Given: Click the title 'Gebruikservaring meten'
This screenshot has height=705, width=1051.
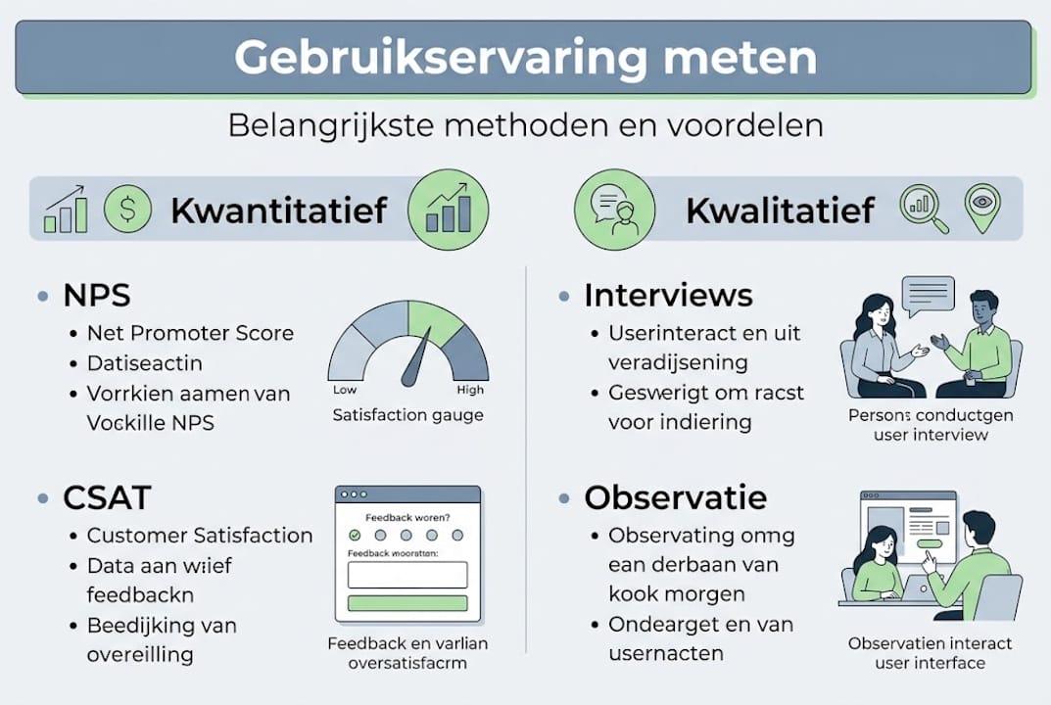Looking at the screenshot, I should click(x=524, y=58).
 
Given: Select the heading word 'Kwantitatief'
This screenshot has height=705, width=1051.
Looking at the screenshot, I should click(x=278, y=210).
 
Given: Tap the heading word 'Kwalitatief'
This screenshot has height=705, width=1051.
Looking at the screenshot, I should click(x=780, y=210).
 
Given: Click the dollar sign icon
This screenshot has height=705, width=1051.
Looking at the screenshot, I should click(x=127, y=210).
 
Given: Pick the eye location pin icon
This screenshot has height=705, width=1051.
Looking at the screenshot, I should click(x=983, y=207).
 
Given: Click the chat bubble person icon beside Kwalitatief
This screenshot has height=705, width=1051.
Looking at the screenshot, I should click(x=614, y=208).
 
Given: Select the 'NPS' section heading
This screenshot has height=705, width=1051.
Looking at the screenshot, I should click(x=97, y=295).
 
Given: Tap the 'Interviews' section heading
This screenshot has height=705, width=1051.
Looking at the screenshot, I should click(x=668, y=295).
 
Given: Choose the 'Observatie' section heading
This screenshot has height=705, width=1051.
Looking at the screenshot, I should click(x=675, y=497).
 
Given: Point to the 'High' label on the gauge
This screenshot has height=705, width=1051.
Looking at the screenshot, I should click(x=470, y=390).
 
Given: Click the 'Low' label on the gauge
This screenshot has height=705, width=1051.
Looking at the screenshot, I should click(x=345, y=390).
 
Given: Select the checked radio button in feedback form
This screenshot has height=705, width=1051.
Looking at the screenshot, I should click(x=355, y=535).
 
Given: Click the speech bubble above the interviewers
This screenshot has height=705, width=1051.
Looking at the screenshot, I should click(x=927, y=294).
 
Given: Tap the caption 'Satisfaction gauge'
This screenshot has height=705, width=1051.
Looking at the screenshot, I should click(x=407, y=415).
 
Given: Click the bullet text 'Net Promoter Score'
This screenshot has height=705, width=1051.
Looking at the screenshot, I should click(x=190, y=333).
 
